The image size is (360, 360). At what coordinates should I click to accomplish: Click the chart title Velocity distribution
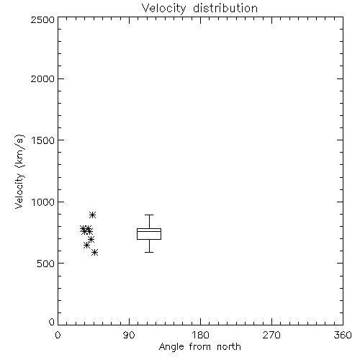pos(199,9)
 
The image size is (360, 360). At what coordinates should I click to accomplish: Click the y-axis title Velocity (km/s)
pos(19,172)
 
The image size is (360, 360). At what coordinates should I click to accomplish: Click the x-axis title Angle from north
pos(199,347)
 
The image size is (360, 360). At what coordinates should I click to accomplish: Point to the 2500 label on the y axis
pos(42,19)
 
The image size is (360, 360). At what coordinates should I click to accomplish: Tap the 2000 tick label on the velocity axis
pos(42,78)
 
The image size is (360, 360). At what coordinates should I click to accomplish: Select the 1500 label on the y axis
pos(43,140)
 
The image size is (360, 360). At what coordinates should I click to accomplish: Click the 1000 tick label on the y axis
pos(43,202)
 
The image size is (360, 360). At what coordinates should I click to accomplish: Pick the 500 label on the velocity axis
pos(45,264)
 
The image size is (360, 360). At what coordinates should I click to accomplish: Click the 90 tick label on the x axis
pos(129,335)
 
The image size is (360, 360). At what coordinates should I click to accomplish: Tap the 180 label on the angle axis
pos(200,335)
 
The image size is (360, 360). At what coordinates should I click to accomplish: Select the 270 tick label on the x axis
pos(271,335)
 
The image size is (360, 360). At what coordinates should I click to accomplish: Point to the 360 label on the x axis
pos(343,335)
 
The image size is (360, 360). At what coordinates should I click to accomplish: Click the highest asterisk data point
pos(93,215)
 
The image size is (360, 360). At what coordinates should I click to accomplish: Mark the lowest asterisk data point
pos(94,252)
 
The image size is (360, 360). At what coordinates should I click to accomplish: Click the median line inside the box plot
pos(149,231)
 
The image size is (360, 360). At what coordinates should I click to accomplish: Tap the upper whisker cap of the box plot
pos(149,215)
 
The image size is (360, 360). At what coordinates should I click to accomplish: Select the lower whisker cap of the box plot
pos(149,252)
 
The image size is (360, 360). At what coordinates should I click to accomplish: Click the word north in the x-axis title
pos(229,347)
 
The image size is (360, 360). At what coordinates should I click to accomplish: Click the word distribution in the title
pos(225,9)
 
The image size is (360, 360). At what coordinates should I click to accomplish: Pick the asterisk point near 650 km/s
pos(86,246)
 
